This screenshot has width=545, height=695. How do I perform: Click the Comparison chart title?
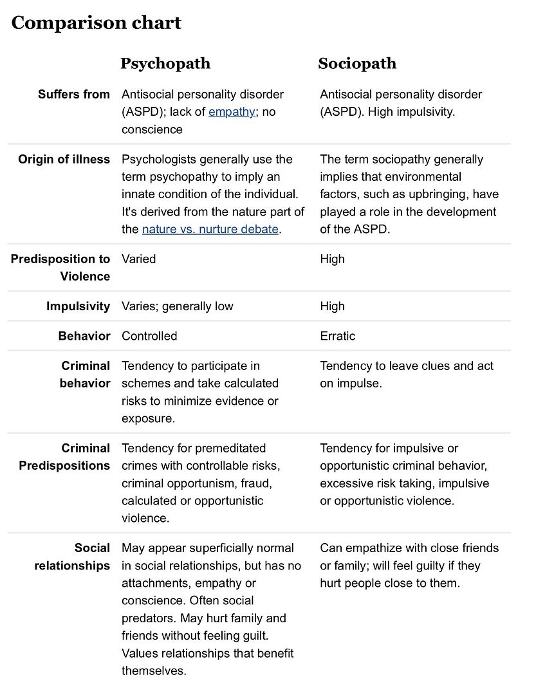97,23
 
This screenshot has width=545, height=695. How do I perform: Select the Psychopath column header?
165,64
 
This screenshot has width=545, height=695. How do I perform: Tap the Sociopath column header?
357,64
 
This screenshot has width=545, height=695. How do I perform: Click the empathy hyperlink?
232,112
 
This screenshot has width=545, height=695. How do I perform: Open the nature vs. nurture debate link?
210,230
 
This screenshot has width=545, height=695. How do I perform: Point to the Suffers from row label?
74,95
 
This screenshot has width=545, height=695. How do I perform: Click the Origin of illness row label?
64,160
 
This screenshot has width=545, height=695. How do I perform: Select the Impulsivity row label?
78,306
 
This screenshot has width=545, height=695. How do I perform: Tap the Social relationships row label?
72,557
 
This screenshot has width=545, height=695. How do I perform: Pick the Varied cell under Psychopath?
139,259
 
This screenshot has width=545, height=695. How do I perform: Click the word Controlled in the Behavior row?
149,336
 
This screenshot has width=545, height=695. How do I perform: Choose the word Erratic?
337,336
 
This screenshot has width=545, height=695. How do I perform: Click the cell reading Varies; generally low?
178,306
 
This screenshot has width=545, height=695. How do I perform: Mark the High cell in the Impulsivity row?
332,306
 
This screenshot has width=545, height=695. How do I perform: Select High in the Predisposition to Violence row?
332,259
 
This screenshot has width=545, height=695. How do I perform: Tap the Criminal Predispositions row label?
64,457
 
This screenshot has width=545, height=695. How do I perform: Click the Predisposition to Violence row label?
60,268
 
